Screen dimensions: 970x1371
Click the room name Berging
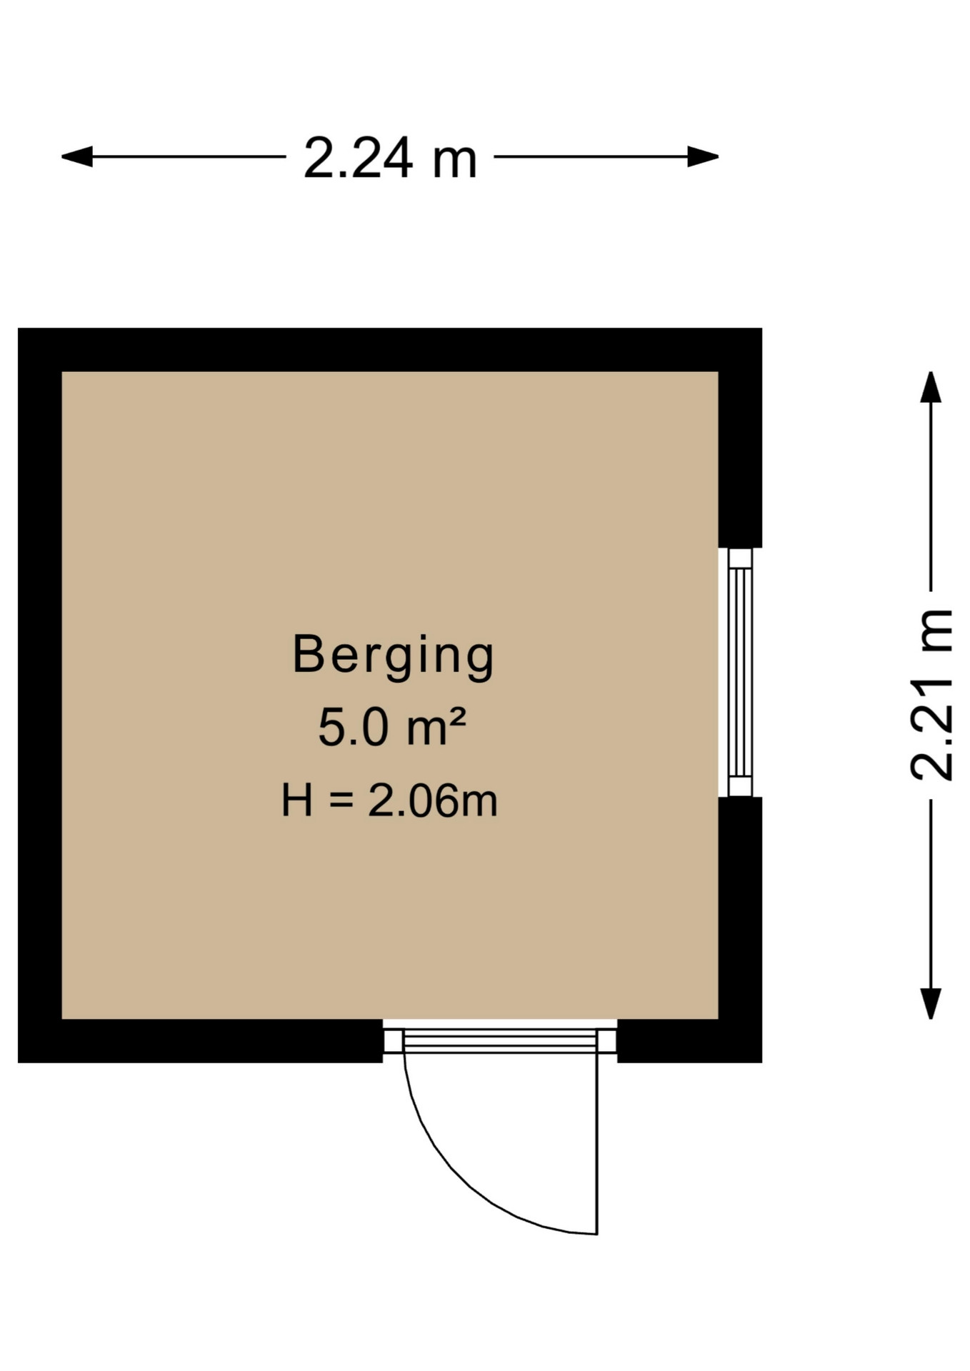(393, 656)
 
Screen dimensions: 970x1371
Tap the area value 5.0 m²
(391, 728)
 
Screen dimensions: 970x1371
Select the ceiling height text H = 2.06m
(389, 800)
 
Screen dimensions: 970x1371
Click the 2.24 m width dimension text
(390, 158)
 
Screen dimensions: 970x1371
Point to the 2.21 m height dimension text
(932, 695)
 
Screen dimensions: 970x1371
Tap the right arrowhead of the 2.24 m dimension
(703, 156)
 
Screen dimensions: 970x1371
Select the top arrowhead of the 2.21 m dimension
(930, 387)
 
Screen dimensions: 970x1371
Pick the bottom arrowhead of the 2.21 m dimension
(930, 1003)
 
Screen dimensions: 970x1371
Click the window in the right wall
(740, 672)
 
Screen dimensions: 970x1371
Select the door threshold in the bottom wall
(500, 1040)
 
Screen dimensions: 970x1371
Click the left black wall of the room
(40, 695)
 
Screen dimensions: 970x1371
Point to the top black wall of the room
(390, 350)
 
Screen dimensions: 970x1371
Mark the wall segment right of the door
(689, 1040)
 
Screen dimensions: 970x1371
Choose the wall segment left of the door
(201, 1040)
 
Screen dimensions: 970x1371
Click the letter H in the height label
(296, 800)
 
